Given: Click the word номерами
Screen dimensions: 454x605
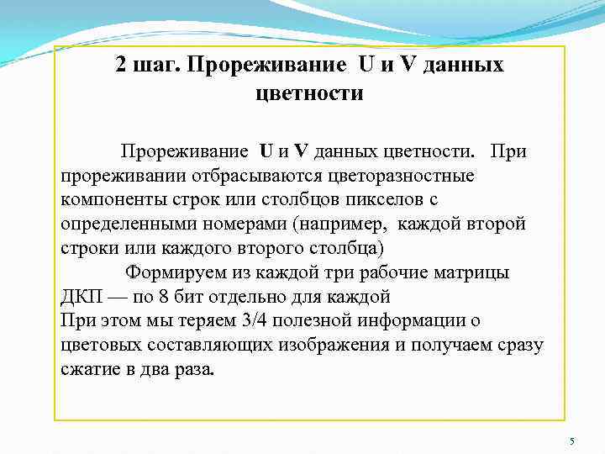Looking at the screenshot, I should click(246, 225).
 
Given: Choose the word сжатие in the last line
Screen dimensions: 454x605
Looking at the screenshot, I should click(90, 369).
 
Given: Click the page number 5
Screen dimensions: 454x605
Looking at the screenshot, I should click(571, 442).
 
